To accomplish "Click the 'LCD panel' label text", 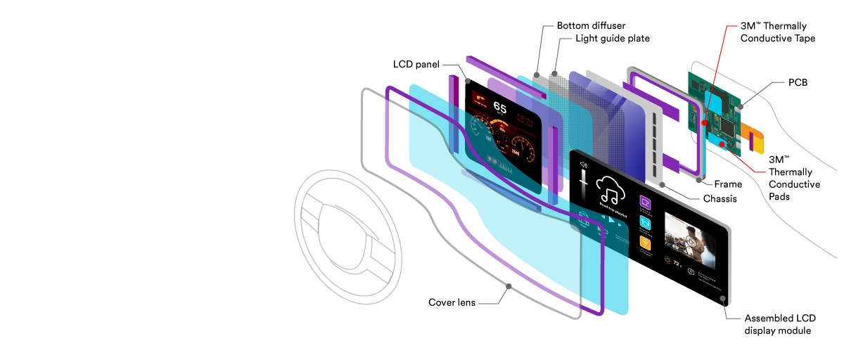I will tap(416, 65).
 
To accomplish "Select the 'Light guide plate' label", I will tap(612, 39).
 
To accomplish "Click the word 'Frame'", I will tap(728, 184).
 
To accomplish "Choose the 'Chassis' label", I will tap(720, 199).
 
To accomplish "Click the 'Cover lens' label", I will tap(452, 303).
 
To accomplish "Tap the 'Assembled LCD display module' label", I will tap(780, 324).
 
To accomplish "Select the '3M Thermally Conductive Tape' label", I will tap(778, 32).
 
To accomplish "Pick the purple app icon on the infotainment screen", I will tap(645, 202).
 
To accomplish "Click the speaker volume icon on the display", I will tap(582, 165).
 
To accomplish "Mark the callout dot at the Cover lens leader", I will tap(509, 286).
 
